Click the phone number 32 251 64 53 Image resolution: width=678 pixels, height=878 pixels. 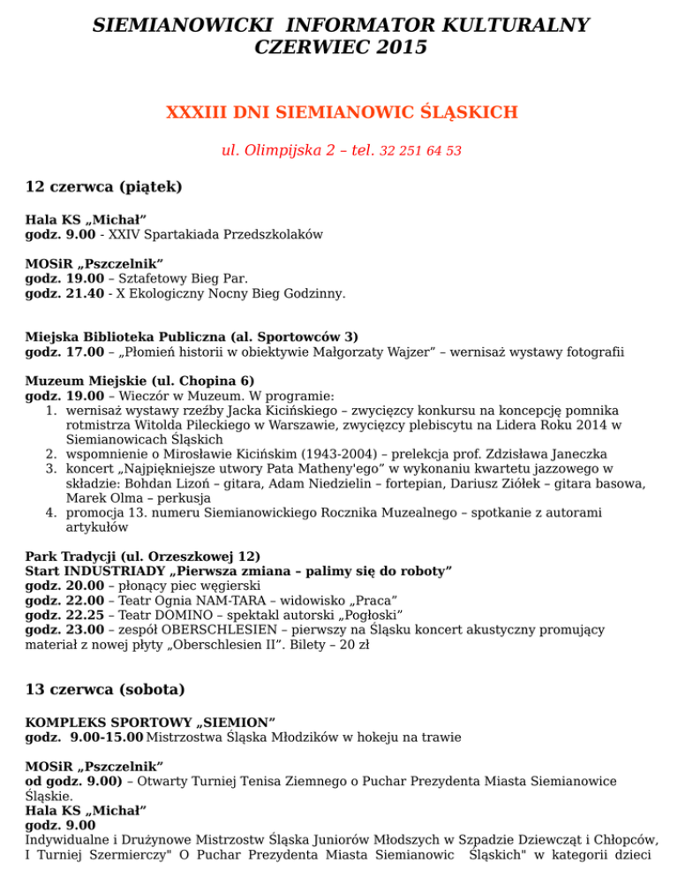(420, 151)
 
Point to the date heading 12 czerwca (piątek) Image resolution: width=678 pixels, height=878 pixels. (104, 186)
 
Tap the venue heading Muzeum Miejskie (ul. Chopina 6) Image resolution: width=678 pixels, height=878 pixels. (139, 380)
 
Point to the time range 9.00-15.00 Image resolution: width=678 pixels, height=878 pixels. (102, 736)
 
